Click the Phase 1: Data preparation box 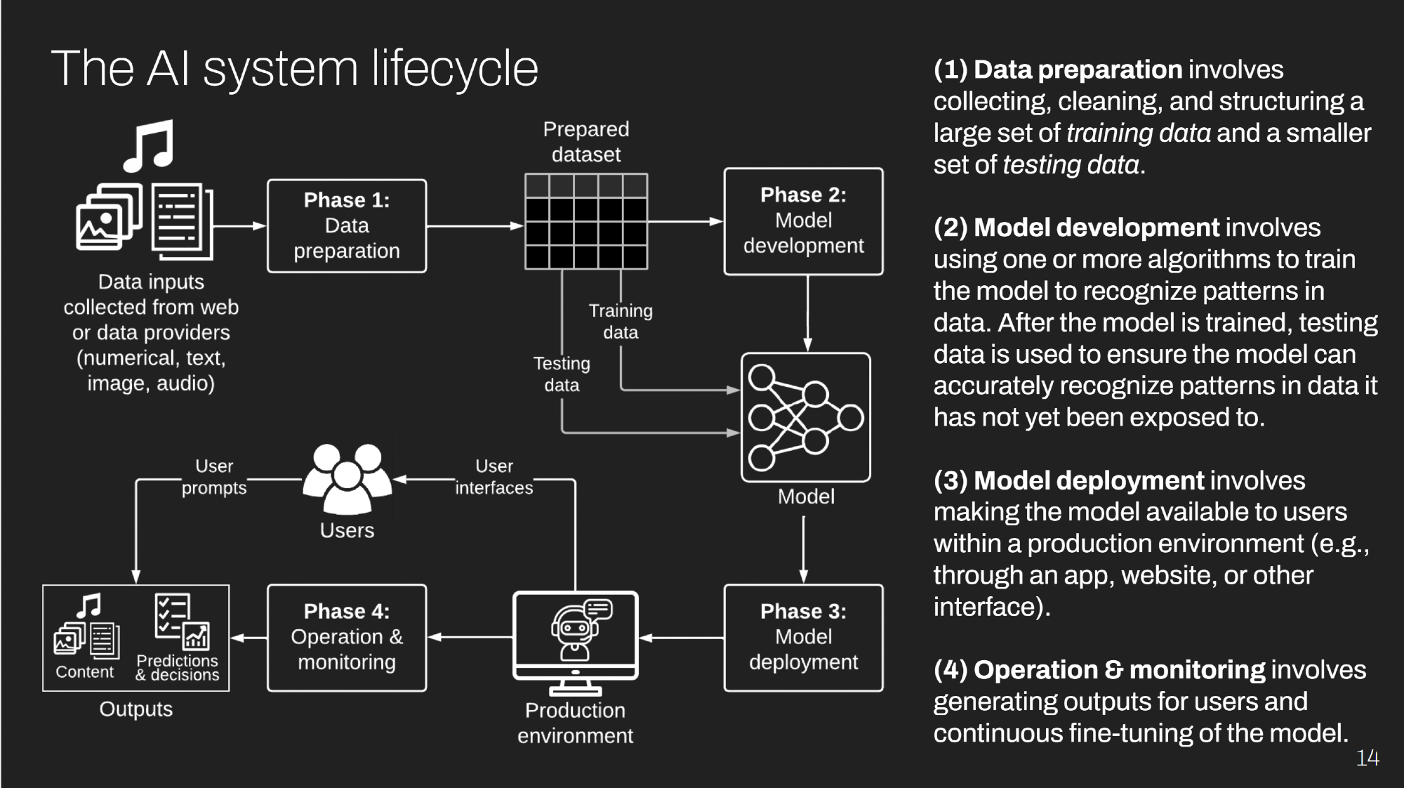click(x=347, y=226)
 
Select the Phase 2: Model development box click(x=803, y=221)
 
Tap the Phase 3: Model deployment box click(x=803, y=638)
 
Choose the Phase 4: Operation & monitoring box click(x=347, y=638)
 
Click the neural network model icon click(x=805, y=417)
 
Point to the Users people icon click(x=347, y=478)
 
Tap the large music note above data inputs click(x=148, y=146)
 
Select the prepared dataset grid click(x=586, y=222)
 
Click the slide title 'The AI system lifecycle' click(x=295, y=69)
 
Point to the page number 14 click(x=1367, y=759)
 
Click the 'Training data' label click(x=621, y=322)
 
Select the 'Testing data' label click(x=562, y=374)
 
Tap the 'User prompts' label click(x=214, y=477)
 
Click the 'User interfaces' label click(x=494, y=477)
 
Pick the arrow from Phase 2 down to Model click(x=807, y=313)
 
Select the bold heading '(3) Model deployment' click(x=1068, y=481)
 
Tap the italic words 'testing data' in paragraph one click(x=1071, y=165)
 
